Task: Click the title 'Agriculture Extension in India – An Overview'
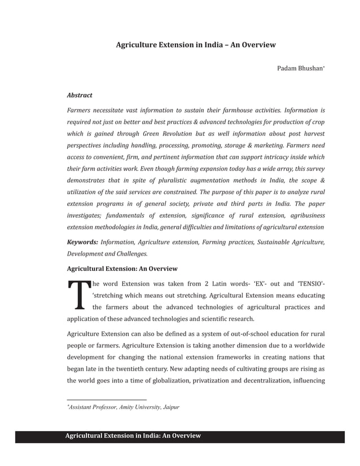tap(195, 44)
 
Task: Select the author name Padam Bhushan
tap(300, 69)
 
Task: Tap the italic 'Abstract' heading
tap(80, 95)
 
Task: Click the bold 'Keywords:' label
tap(82, 242)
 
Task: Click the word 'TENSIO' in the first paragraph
tap(310, 283)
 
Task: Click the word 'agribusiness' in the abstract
tap(302, 216)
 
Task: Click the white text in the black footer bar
tap(133, 436)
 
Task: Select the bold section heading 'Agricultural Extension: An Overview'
tap(122, 269)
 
